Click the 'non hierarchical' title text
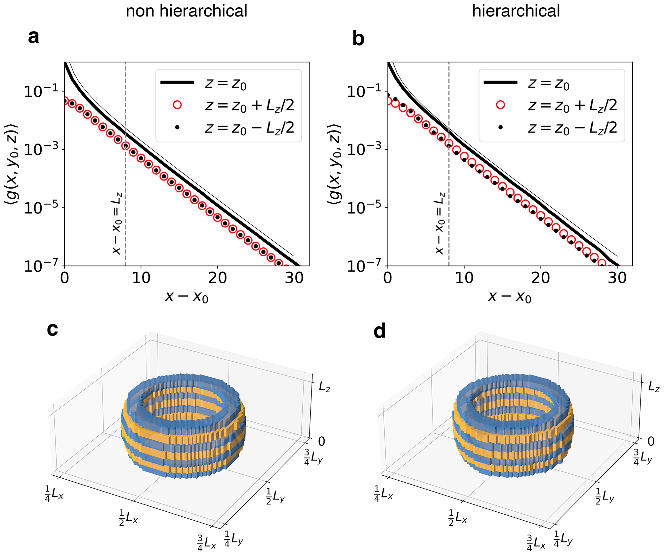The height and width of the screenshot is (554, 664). click(x=187, y=11)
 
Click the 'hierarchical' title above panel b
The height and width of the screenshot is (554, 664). click(x=516, y=11)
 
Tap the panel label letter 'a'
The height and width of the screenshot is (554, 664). click(x=33, y=37)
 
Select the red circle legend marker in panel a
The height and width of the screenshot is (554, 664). click(x=177, y=105)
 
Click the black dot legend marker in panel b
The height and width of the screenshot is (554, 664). click(x=500, y=127)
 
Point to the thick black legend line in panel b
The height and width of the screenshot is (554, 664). click(x=500, y=82)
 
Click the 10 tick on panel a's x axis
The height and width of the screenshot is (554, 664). click(x=141, y=278)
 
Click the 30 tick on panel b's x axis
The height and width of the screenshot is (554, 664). click(x=617, y=278)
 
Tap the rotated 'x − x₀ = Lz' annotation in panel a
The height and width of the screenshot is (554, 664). click(x=117, y=223)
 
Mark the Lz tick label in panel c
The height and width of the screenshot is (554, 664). click(x=324, y=386)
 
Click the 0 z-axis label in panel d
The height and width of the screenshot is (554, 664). click(x=651, y=441)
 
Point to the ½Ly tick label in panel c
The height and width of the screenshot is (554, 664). click(x=275, y=496)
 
